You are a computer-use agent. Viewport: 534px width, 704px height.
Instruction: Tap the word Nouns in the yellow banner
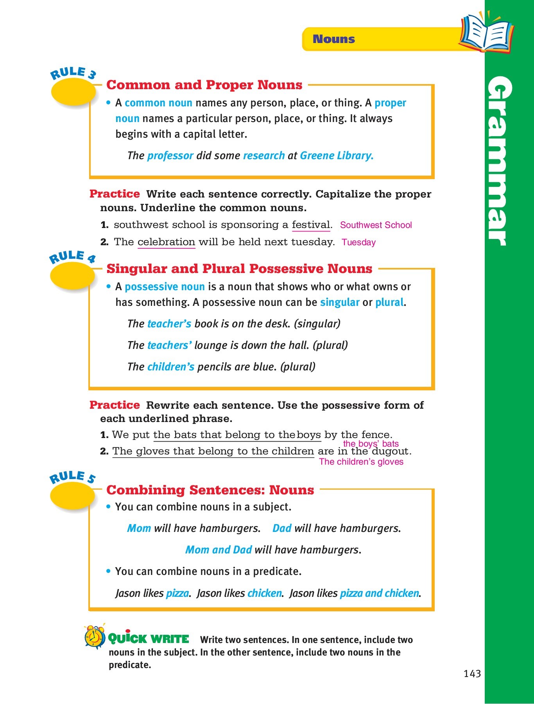(x=333, y=39)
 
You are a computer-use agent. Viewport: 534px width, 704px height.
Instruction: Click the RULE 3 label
(x=73, y=73)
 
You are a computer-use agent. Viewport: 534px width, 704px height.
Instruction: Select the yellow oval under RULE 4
(x=73, y=276)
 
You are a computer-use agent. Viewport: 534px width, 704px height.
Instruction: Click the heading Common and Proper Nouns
(x=204, y=85)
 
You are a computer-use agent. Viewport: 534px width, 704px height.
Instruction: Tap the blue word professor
(x=170, y=156)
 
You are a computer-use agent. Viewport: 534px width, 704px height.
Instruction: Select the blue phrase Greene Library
(x=336, y=156)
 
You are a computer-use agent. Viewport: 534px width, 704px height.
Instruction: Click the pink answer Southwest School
(x=376, y=225)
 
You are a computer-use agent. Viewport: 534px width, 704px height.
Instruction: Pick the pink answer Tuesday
(x=358, y=242)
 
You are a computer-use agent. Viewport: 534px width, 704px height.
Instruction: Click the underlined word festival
(x=311, y=225)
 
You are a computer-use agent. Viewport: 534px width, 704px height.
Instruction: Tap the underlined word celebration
(x=166, y=242)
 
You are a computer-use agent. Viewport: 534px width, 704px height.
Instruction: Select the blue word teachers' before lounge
(x=169, y=345)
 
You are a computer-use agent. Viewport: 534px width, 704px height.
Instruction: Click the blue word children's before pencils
(x=170, y=367)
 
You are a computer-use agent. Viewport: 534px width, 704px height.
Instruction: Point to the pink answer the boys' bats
(x=371, y=444)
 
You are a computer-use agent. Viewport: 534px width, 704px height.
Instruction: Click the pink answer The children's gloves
(x=361, y=462)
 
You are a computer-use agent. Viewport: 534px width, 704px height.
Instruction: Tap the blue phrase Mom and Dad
(x=218, y=550)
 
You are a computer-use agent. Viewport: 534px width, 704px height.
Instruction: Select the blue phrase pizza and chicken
(x=379, y=593)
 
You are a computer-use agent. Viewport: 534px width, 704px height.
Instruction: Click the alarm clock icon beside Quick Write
(x=95, y=637)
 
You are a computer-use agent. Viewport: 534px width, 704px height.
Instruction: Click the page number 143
(x=472, y=673)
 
